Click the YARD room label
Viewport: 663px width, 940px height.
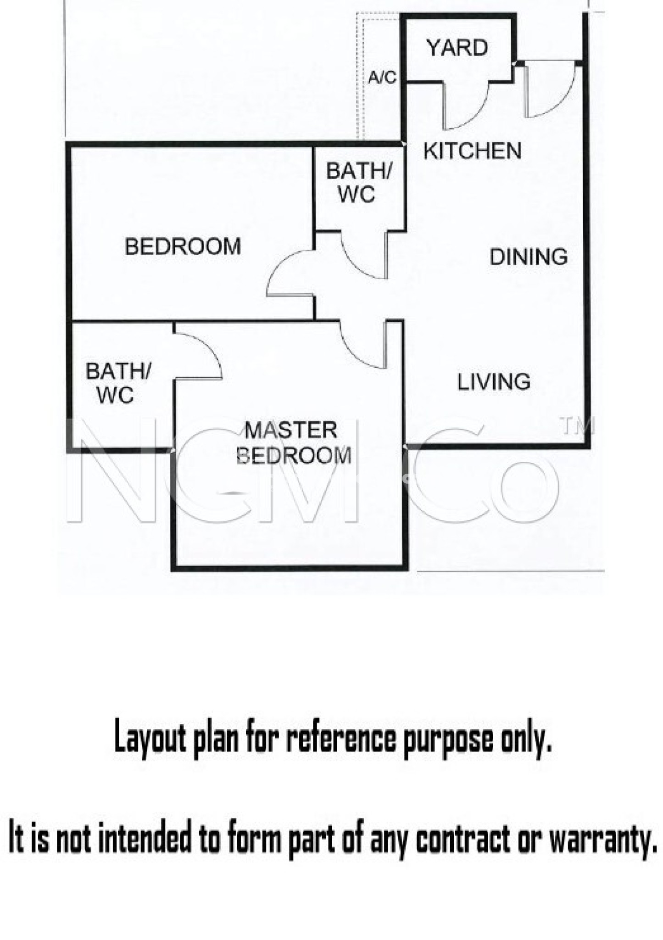[x=457, y=48]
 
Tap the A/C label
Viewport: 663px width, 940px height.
[x=382, y=78]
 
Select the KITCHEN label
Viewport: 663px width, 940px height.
[x=472, y=151]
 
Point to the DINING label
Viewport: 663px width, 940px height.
[x=529, y=257]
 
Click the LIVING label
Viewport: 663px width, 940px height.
[x=494, y=382]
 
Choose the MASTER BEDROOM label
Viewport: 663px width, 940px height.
[x=293, y=443]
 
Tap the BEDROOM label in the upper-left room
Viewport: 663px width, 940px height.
[x=183, y=247]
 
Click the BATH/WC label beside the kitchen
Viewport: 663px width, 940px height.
[x=359, y=183]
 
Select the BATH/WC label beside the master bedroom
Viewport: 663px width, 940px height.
[x=118, y=383]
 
